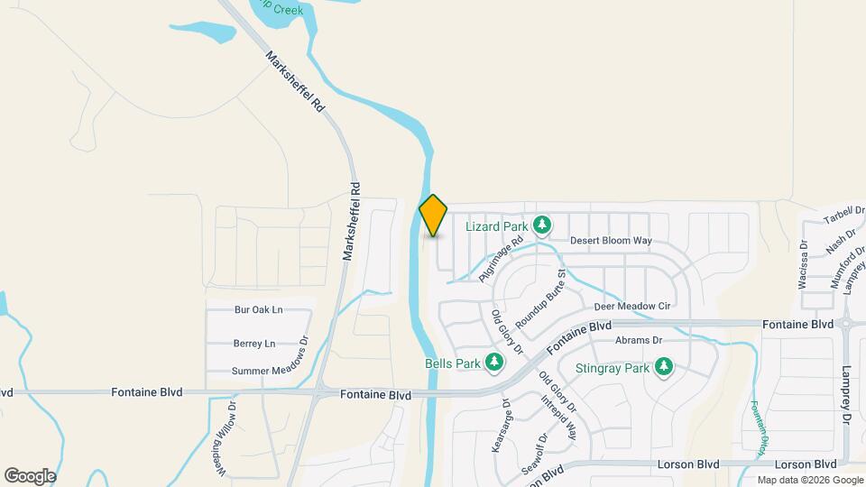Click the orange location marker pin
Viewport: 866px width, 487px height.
433,216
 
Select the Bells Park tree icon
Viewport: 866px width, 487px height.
493,363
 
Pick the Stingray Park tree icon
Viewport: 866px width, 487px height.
664,367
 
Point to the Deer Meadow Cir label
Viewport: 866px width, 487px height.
632,307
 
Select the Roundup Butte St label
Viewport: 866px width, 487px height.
540,299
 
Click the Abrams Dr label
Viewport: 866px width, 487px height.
639,340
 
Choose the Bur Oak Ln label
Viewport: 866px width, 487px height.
259,309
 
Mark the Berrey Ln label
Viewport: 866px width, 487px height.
253,344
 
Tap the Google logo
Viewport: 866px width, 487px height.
30,476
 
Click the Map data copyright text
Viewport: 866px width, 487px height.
810,480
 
